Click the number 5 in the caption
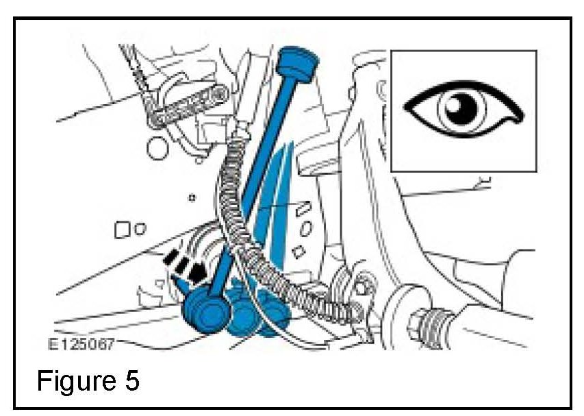131,380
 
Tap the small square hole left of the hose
123,230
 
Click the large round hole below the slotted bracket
158,147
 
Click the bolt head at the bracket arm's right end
220,91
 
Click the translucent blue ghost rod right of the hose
277,199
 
